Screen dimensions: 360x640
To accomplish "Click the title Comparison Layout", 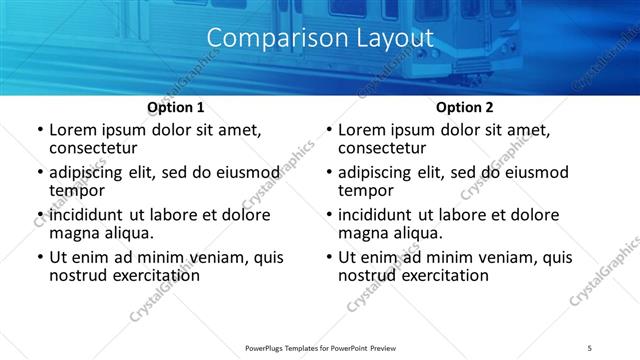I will click(x=320, y=38).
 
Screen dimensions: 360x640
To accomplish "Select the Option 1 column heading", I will click(x=175, y=107).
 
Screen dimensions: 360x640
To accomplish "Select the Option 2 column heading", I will click(x=464, y=107).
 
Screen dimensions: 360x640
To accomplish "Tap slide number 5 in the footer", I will click(x=590, y=348).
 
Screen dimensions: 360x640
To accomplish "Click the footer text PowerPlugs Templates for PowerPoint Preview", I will click(x=320, y=348).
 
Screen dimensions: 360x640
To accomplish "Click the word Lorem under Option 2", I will click(x=363, y=130).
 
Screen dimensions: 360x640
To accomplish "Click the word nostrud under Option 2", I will click(x=369, y=275).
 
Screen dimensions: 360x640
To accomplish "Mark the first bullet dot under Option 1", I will click(x=40, y=131).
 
